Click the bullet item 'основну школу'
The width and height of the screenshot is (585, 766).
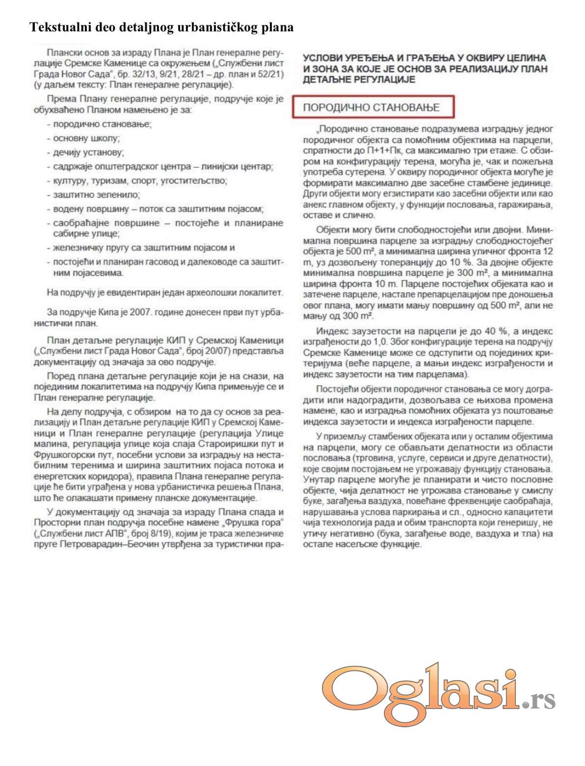(86, 138)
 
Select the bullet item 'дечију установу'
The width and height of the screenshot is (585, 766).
(88, 153)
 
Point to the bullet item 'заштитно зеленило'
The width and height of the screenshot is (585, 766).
(96, 195)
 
